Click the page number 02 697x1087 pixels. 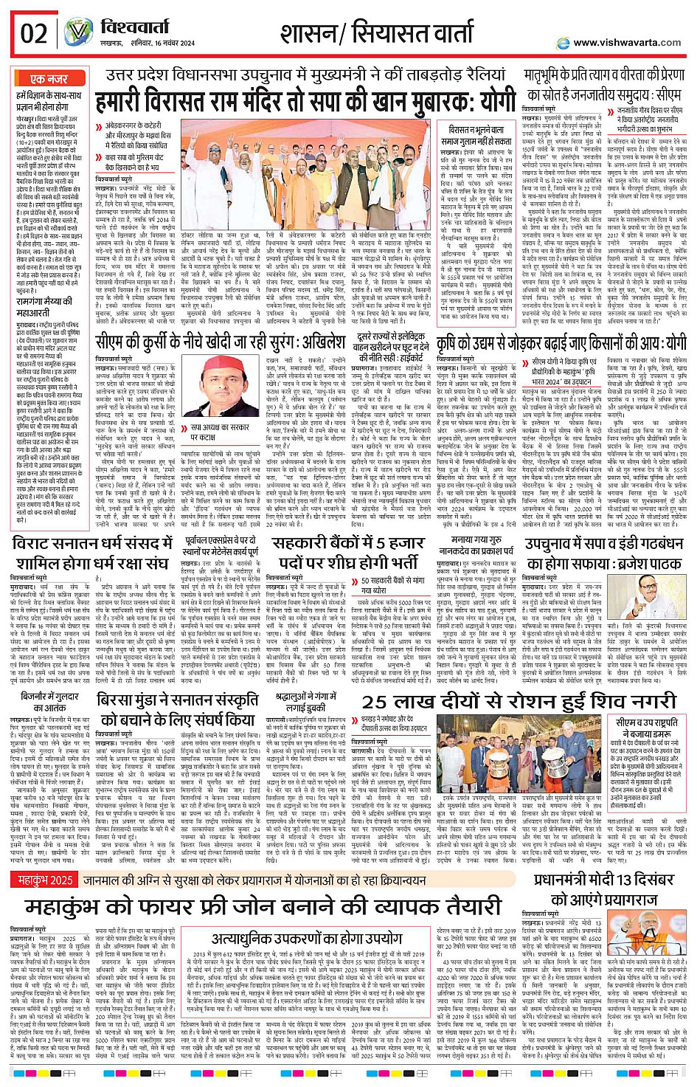pyautogui.click(x=34, y=34)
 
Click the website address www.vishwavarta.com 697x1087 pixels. pyautogui.click(x=626, y=42)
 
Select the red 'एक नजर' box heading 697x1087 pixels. pyautogui.click(x=49, y=79)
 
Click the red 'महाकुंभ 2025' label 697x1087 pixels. pyautogui.click(x=46, y=880)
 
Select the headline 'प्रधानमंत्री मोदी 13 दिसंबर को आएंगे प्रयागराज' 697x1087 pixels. pyautogui.click(x=604, y=889)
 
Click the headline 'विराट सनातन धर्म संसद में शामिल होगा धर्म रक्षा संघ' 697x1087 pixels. pyautogui.click(x=91, y=553)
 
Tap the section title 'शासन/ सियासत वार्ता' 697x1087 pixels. pyautogui.click(x=376, y=33)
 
